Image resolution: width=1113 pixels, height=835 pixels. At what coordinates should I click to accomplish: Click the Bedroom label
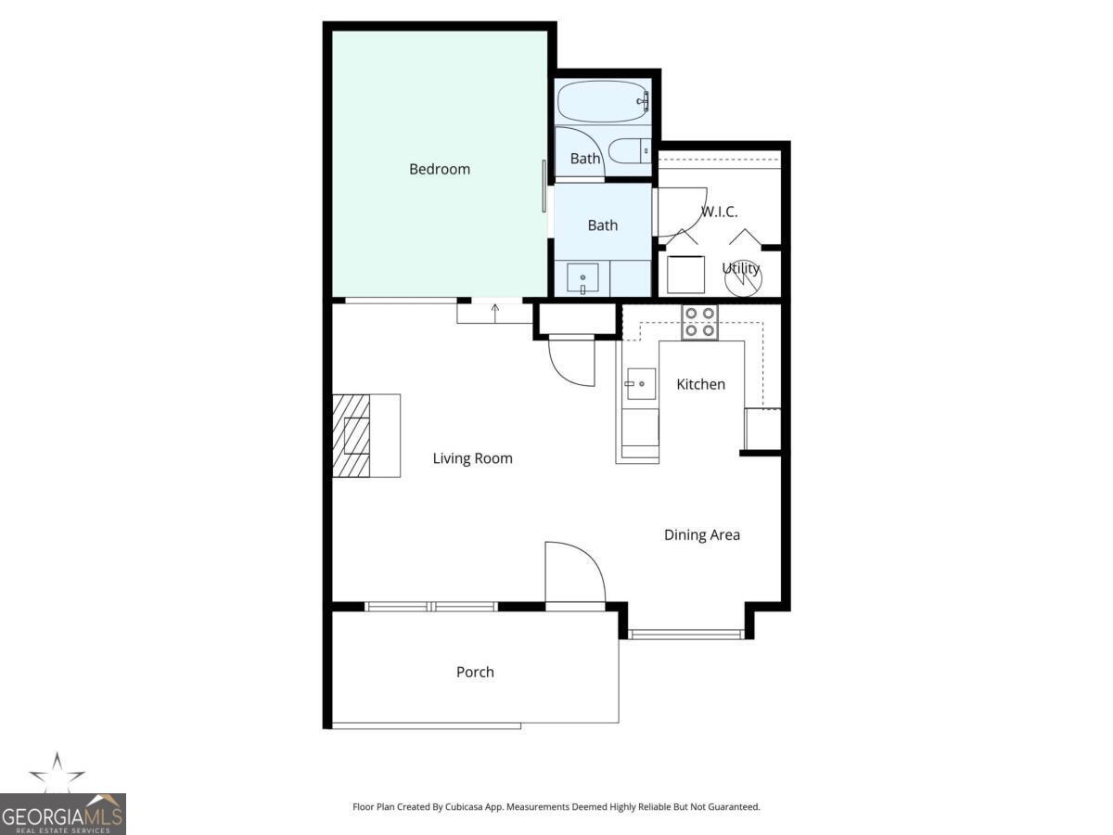[440, 169]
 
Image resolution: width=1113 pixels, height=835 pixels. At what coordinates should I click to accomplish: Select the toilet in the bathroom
[631, 150]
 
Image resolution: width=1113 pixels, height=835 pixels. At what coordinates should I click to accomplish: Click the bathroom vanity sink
[582, 278]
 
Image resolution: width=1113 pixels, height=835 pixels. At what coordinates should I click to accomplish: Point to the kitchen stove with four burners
[699, 322]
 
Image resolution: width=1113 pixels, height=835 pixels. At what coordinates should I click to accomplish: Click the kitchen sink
[640, 383]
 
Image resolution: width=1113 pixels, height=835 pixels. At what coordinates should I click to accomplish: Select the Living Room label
[472, 458]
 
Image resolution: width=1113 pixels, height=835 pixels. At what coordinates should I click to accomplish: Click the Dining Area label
[701, 534]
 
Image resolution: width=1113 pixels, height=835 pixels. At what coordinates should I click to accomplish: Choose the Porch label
[475, 672]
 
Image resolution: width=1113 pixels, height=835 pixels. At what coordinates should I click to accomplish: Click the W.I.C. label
[719, 212]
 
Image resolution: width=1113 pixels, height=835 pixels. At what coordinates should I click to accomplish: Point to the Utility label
[741, 268]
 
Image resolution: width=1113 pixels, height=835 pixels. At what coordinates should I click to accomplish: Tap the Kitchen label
[700, 384]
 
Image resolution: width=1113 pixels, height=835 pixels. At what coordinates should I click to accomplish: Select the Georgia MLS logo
[62, 798]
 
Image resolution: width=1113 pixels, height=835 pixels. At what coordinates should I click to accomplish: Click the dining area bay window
[686, 635]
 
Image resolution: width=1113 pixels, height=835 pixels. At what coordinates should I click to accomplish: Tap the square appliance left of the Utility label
[686, 274]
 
